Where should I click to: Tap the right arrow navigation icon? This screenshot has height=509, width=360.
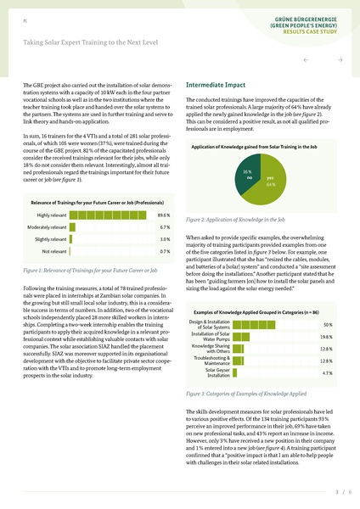(340, 61)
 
